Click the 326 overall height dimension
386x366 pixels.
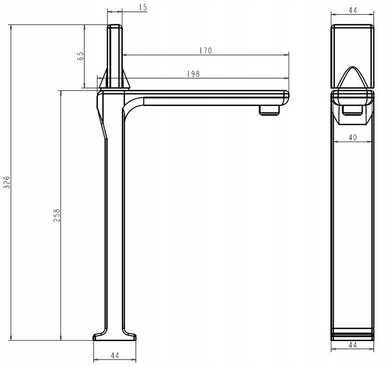[x=7, y=183]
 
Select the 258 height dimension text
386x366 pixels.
[x=57, y=215]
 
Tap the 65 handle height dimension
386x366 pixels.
[x=80, y=56]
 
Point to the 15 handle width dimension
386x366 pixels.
[x=143, y=7]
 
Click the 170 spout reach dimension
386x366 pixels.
[x=206, y=51]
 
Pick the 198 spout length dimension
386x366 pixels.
[x=193, y=74]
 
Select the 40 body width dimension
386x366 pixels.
[x=352, y=137]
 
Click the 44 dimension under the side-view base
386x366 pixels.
[x=115, y=355]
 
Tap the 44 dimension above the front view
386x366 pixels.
[x=352, y=10]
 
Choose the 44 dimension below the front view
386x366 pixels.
[x=352, y=345]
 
